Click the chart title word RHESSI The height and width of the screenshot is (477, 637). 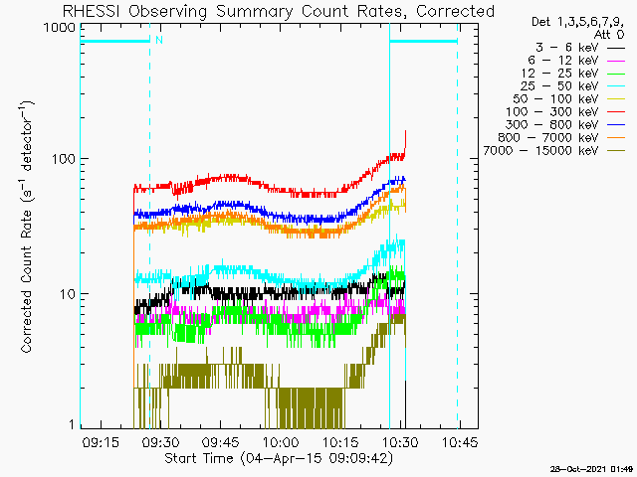tap(92, 11)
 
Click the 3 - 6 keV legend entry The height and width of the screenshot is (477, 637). tap(579, 48)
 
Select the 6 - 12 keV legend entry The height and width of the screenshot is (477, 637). tap(576, 61)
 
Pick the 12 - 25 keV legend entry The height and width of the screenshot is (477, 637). tap(573, 74)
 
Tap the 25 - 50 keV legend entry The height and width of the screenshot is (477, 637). tap(572, 86)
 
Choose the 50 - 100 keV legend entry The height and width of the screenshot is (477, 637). tap(568, 99)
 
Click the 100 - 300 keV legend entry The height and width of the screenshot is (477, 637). tap(565, 112)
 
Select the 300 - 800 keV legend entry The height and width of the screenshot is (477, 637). tap(565, 125)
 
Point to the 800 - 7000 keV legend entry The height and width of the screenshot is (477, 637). tap(561, 138)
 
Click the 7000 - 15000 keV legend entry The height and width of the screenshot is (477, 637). tap(553, 151)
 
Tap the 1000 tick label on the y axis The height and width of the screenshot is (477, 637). tap(60, 28)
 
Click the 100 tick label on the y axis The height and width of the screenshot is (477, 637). tap(64, 159)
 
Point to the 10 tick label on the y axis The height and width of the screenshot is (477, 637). tap(68, 294)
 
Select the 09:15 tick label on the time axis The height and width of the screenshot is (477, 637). tap(101, 442)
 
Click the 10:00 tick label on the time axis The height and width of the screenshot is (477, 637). tap(281, 442)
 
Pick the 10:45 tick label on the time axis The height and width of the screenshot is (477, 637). tap(460, 442)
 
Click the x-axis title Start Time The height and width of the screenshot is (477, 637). tap(199, 458)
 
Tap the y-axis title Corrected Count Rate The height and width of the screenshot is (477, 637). tap(26, 281)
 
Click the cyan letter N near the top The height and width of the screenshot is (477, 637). tap(159, 40)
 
